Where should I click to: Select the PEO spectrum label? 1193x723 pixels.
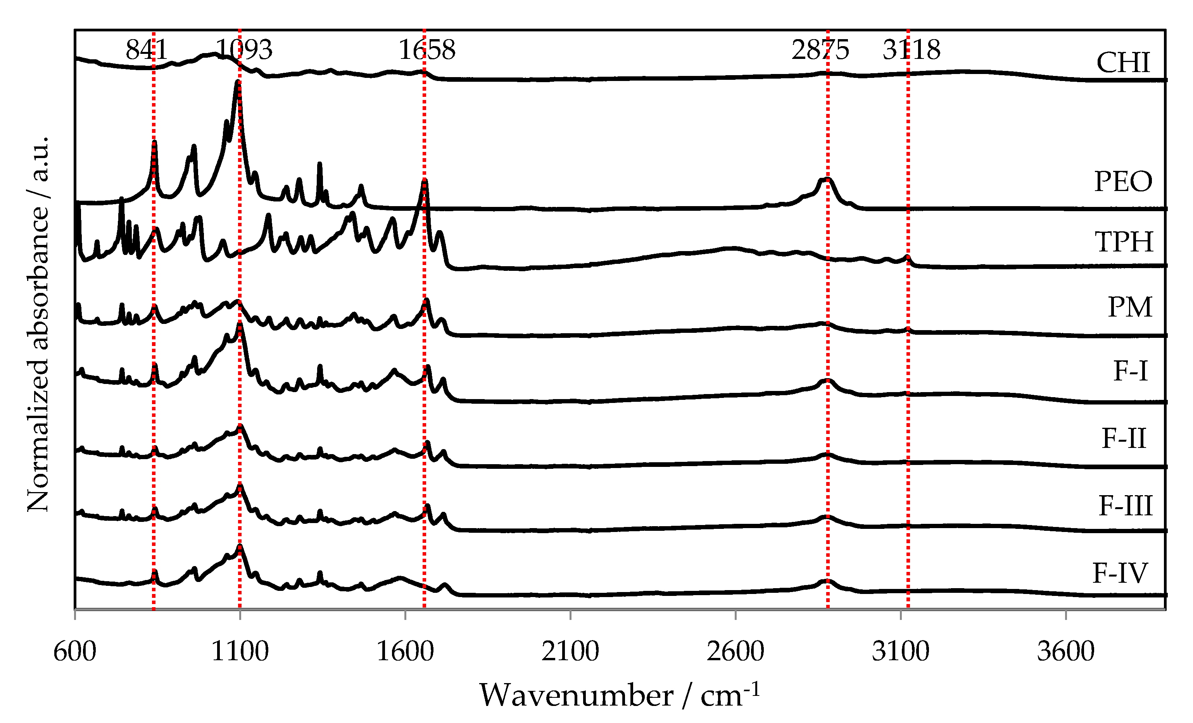coord(1123,182)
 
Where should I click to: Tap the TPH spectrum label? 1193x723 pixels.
coord(1123,242)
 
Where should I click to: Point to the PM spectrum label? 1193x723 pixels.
coord(1129,307)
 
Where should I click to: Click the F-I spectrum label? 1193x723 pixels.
coord(1130,371)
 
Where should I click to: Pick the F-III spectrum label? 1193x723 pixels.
coord(1125,506)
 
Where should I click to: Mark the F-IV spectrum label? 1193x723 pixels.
coord(1120,573)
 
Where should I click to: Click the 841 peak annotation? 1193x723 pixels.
coord(146,50)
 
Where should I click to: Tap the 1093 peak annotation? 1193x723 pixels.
coord(243,50)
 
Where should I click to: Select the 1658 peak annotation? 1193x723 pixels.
coord(426,50)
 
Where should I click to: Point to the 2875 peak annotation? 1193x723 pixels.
coord(820,50)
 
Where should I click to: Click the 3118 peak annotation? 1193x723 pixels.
coord(911,50)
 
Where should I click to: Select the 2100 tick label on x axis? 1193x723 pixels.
coord(570,651)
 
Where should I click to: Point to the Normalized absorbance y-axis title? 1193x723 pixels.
coord(38,324)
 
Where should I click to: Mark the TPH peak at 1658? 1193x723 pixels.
coord(425,181)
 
